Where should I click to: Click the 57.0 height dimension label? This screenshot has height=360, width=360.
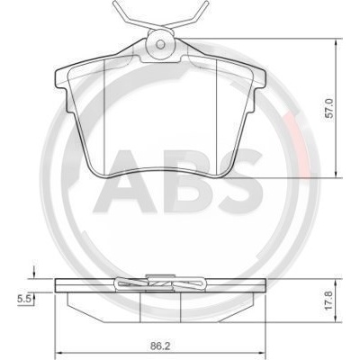pyautogui.click(x=329, y=109)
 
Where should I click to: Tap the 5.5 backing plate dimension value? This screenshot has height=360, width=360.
pyautogui.click(x=23, y=299)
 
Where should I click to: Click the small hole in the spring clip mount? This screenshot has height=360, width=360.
pyautogui.click(x=161, y=45)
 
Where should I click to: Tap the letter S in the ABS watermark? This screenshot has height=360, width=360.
pyautogui.click(x=240, y=181)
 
